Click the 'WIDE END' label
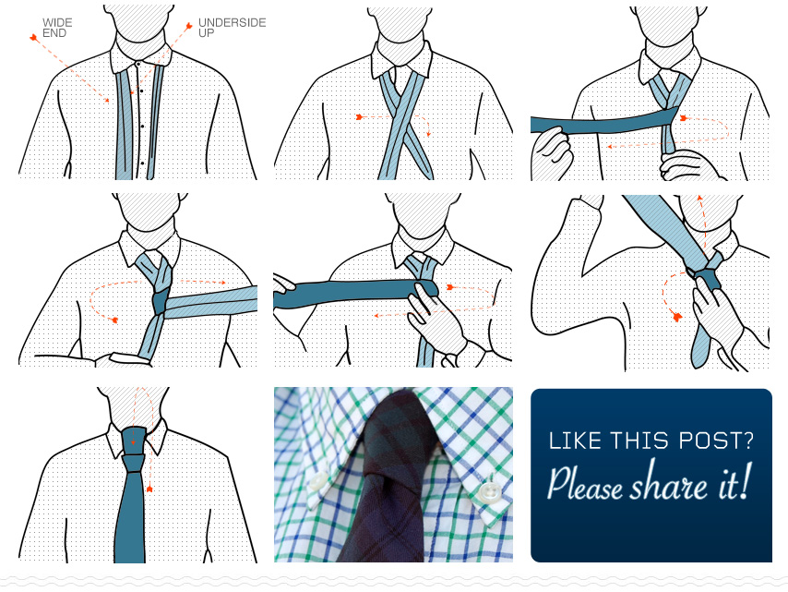click(56, 28)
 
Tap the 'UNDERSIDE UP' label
click(232, 28)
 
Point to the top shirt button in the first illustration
click(138, 64)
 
